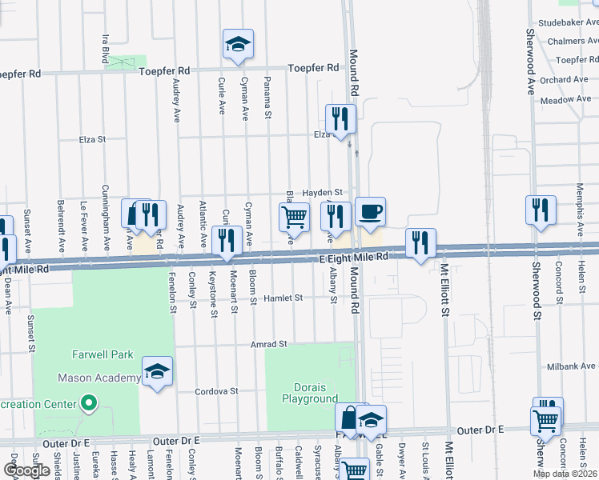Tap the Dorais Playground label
click(x=310, y=392)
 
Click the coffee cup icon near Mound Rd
click(x=370, y=213)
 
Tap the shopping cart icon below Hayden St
click(x=294, y=217)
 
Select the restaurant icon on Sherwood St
click(x=541, y=210)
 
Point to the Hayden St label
click(x=322, y=193)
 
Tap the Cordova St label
click(x=217, y=391)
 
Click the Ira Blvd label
click(x=105, y=48)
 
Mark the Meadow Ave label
click(x=565, y=100)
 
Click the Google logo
click(x=26, y=470)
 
